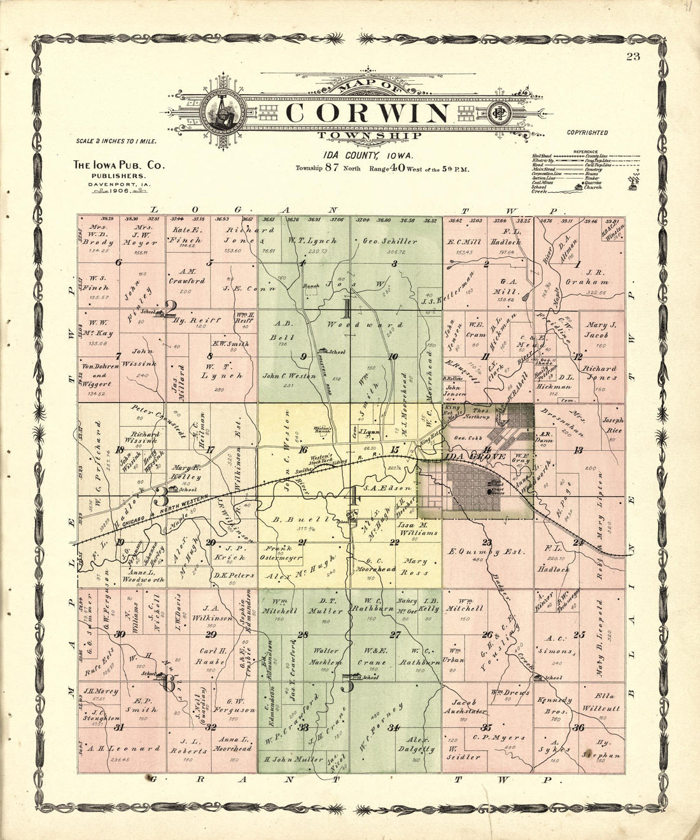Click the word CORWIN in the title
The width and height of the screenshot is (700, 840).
(x=367, y=113)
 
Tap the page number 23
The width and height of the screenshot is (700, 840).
(x=633, y=57)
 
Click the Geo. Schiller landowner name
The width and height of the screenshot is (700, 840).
(x=390, y=242)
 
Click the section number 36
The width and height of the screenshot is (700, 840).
(x=578, y=728)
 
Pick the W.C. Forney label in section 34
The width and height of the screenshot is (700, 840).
(x=381, y=728)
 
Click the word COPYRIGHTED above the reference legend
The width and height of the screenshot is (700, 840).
(x=587, y=133)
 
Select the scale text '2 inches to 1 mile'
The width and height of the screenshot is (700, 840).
(x=116, y=141)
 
